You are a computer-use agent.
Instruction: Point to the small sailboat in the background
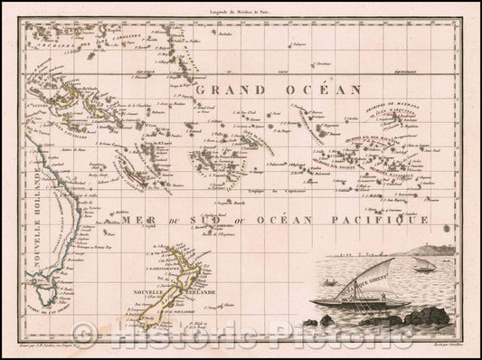421,264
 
